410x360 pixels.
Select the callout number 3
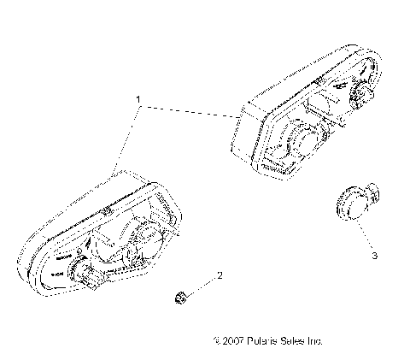tap(372, 255)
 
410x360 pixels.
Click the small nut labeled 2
tap(179, 297)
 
